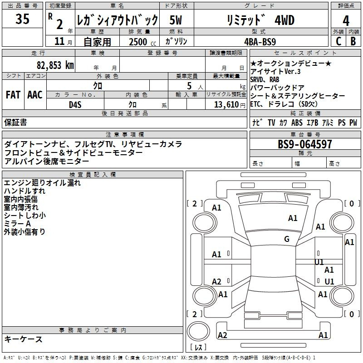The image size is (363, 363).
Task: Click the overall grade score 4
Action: coord(346,20)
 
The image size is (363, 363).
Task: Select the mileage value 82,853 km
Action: coord(55,65)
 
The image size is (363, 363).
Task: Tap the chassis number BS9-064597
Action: coord(305,144)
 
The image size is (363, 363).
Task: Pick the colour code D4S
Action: coord(75,104)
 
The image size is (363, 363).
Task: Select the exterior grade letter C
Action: coord(338,41)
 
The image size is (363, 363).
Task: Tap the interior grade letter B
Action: coord(353,41)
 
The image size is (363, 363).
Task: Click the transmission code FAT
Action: coord(13,95)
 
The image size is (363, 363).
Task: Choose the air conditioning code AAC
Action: coord(34,95)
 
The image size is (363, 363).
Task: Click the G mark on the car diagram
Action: coord(287,239)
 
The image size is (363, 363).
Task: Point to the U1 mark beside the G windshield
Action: coord(319,262)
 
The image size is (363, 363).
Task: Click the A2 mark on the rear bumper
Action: coord(222,335)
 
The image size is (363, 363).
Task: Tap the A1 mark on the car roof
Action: coord(293,218)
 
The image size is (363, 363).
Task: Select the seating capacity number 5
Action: coord(188,86)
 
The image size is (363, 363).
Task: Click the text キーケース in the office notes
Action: coord(24,339)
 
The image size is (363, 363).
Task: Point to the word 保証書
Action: coord(15,122)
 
